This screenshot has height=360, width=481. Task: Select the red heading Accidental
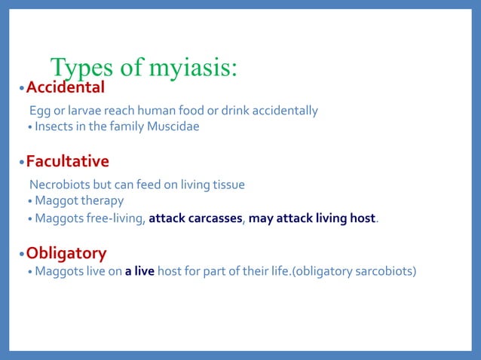(x=65, y=89)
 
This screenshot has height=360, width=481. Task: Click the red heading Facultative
(x=67, y=161)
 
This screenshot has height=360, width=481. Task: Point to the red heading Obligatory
(x=66, y=253)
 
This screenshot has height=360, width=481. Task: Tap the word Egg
(x=40, y=111)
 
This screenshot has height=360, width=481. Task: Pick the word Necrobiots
(x=59, y=185)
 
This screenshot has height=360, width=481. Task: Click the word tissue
(x=228, y=185)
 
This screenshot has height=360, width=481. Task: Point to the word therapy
(x=102, y=201)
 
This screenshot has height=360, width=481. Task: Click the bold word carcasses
(x=214, y=219)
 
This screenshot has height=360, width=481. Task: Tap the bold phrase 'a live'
(x=140, y=271)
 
